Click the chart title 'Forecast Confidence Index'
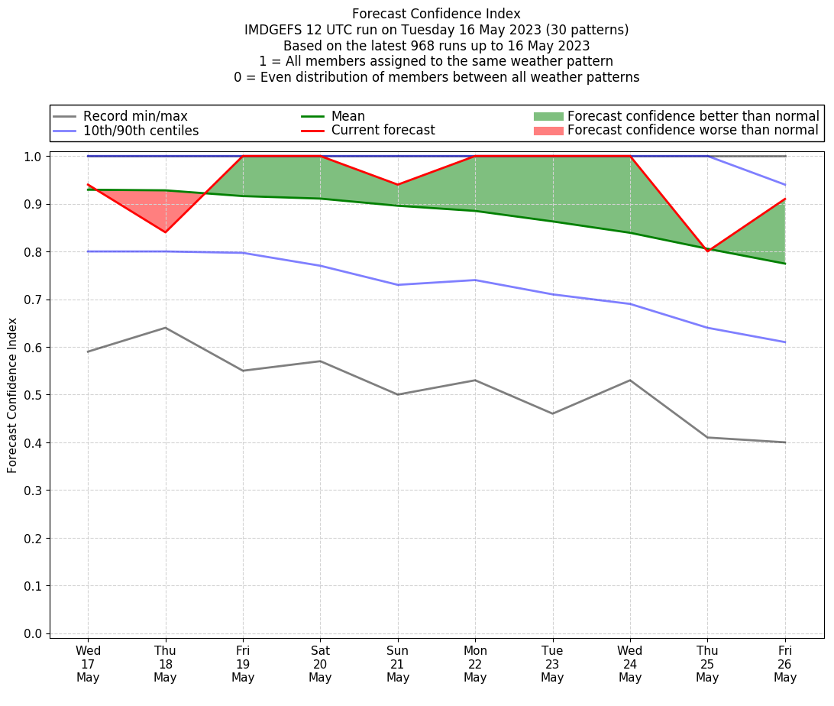436,14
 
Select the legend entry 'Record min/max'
135,116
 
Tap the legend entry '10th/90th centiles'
141,131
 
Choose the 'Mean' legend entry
347,116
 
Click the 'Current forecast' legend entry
383,131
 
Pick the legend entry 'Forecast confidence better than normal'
693,116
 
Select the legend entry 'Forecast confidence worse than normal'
693,131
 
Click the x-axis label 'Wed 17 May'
88,662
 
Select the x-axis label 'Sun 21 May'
398,662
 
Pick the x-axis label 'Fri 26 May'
785,662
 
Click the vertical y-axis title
13,395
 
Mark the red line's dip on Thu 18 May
165,232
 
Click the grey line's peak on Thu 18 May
165,328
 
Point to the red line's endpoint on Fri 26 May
785,199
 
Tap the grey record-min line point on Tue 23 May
553,413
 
